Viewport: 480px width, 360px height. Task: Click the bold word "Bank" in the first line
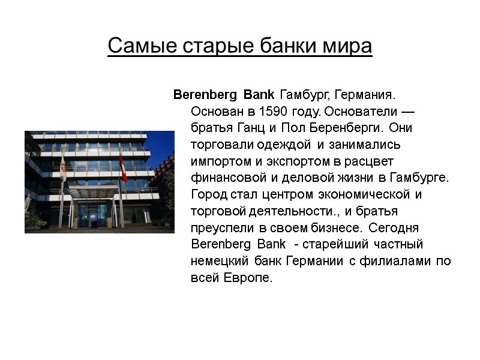click(260, 95)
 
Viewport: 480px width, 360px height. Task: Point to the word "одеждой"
click(289, 145)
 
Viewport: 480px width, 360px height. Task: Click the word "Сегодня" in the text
click(397, 228)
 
